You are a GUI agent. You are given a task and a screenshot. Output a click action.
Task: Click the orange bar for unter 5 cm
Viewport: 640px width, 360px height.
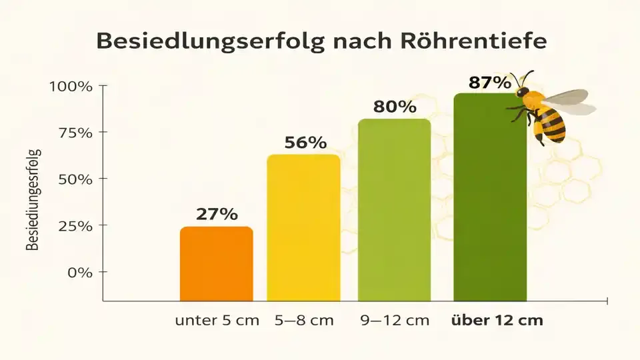click(x=217, y=264)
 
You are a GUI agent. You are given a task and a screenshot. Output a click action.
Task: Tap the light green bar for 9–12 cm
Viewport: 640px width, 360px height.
click(x=394, y=210)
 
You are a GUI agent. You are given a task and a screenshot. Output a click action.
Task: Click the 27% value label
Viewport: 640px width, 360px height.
click(x=217, y=214)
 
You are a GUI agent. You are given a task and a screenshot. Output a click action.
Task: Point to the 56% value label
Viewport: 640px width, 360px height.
click(x=305, y=143)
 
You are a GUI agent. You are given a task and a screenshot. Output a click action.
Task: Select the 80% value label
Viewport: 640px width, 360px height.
click(x=395, y=107)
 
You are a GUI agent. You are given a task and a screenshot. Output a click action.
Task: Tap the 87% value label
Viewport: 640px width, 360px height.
click(x=490, y=83)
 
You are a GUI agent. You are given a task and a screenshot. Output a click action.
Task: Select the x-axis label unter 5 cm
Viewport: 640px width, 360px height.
click(x=217, y=320)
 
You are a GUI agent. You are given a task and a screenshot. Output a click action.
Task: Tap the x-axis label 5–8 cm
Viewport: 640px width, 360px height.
click(x=304, y=320)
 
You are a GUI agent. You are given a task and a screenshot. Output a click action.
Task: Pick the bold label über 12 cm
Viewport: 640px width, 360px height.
click(x=497, y=320)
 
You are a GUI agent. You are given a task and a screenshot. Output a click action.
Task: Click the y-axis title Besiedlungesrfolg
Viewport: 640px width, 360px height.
click(x=34, y=200)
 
